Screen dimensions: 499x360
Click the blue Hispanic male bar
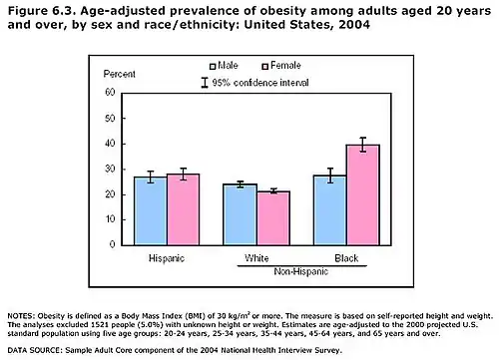tap(151, 211)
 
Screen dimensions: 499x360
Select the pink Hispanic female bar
tap(184, 209)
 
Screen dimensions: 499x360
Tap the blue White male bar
tap(240, 214)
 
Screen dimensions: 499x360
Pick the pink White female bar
tap(273, 218)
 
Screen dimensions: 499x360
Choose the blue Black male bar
tap(330, 210)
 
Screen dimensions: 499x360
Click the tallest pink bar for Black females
tap(363, 195)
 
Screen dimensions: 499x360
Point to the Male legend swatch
tap(213, 67)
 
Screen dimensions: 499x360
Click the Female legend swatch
tap(264, 67)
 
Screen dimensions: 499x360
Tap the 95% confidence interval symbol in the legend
tap(205, 83)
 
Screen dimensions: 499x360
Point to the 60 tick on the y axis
tap(110, 92)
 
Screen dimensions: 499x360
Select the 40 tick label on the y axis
tap(110, 144)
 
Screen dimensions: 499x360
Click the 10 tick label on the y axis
tap(110, 219)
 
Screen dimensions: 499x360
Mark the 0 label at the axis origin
tap(112, 244)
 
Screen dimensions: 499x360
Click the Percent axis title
tap(120, 74)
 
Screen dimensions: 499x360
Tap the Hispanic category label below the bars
tap(167, 258)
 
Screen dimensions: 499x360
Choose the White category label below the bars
tap(256, 258)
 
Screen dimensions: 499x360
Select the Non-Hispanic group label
tap(301, 272)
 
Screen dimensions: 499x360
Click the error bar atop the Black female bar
tap(363, 145)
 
